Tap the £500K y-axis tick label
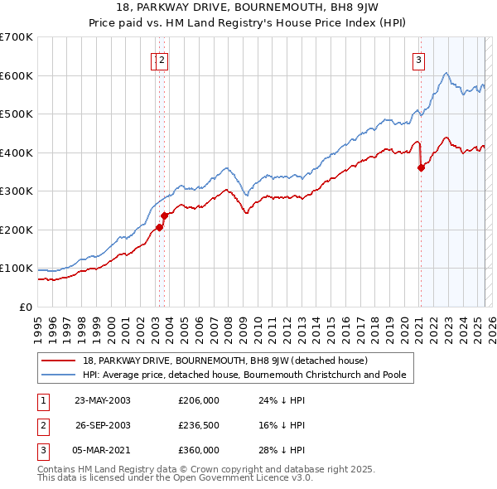(x=16, y=114)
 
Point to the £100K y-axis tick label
(x=16, y=269)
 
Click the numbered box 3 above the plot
(x=419, y=60)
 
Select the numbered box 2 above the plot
(x=162, y=60)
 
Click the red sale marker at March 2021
(x=421, y=167)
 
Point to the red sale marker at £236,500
(x=164, y=215)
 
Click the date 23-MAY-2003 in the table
(x=103, y=400)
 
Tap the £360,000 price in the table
(x=199, y=450)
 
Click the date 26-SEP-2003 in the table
(x=103, y=425)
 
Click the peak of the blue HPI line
(x=446, y=73)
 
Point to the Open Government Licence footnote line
(x=176, y=477)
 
